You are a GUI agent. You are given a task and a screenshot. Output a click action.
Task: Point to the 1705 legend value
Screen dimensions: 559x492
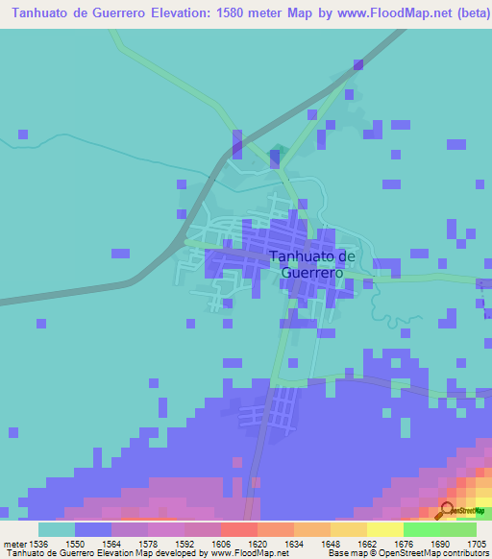coord(477,543)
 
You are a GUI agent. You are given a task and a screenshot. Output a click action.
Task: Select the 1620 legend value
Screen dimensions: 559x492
coord(258,543)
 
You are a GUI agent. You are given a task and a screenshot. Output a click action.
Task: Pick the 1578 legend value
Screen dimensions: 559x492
coord(148,543)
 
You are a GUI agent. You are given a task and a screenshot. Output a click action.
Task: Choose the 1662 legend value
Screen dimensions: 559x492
coord(367,543)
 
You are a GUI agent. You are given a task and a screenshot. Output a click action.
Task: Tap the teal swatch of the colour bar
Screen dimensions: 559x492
coord(57,529)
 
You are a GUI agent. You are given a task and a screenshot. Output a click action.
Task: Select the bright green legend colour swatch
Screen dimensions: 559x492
coord(422,529)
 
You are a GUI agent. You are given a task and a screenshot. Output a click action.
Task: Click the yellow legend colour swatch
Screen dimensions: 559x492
coord(385,529)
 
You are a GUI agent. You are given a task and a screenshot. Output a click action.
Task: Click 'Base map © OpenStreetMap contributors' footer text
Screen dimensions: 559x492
coord(406,553)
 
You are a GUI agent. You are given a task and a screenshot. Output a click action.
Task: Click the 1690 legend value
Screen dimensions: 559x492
coord(440,543)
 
